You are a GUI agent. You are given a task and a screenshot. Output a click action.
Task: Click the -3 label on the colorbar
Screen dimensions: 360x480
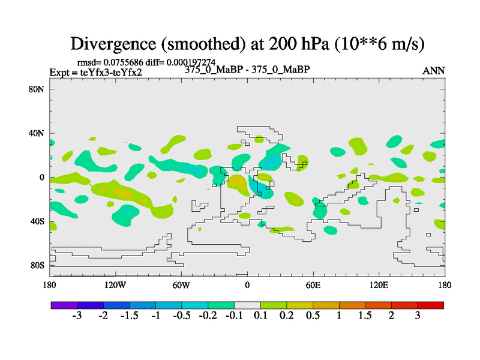pos(77,316)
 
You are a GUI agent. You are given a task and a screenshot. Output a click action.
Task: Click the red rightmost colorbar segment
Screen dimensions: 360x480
pos(431,305)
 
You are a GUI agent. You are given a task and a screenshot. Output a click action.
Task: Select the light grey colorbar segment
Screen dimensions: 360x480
pos(247,305)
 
